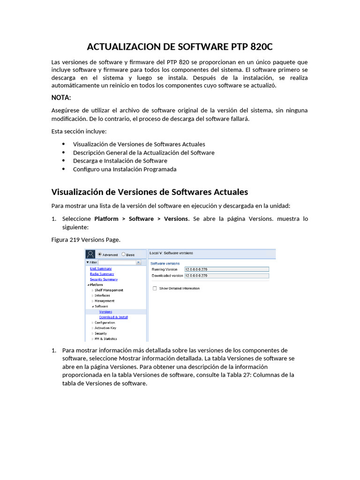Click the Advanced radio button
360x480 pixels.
point(99,255)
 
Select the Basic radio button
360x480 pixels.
point(123,255)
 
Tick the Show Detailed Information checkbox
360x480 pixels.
point(155,288)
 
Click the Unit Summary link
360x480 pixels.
point(101,269)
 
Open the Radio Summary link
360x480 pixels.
point(102,274)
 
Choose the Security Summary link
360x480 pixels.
point(104,279)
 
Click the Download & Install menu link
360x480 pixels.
point(113,317)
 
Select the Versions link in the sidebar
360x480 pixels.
point(105,312)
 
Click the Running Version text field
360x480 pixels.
point(226,270)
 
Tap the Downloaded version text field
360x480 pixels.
point(226,276)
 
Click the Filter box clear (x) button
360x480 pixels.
point(138,262)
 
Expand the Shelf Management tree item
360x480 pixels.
point(109,290)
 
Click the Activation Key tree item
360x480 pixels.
point(105,328)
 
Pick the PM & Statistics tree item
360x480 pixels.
point(105,339)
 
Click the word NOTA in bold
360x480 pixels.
point(61,97)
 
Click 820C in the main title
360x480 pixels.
point(262,47)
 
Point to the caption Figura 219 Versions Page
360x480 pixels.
point(85,240)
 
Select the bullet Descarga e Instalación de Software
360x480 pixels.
point(120,161)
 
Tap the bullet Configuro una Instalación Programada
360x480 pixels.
point(125,169)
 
